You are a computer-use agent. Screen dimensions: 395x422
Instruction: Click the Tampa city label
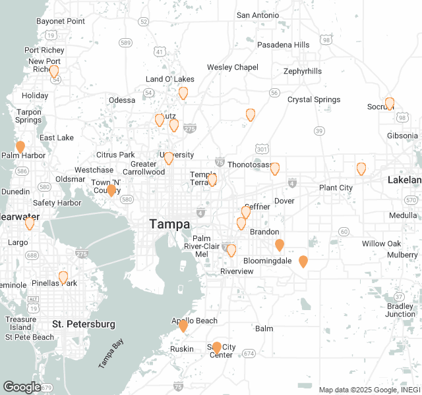coord(169,224)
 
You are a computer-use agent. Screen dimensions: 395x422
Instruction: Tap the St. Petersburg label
coord(84,324)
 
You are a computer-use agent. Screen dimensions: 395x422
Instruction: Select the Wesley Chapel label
coord(233,67)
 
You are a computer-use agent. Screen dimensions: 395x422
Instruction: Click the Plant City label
coord(336,188)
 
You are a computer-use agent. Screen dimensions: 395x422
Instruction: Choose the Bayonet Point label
coord(61,21)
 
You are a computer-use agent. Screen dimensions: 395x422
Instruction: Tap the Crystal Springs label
coord(314,99)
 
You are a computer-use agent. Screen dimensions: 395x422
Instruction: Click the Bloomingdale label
coord(267,261)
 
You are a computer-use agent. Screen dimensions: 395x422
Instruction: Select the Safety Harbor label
coord(53,203)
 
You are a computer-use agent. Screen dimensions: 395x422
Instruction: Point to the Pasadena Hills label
coord(283,45)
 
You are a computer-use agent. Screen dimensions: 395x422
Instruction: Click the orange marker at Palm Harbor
coord(20,146)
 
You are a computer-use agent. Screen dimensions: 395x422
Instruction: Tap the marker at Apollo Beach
coord(183,325)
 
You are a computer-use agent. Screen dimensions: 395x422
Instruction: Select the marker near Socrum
coord(390,103)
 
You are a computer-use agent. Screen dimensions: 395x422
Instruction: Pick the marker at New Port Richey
coord(54,70)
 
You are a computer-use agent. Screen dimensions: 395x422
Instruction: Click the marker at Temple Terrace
coord(212,178)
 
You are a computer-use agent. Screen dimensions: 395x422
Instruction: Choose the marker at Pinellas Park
coord(63,277)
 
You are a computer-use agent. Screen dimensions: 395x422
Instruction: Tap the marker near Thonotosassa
coord(275,168)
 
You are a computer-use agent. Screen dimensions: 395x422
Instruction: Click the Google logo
coord(22,387)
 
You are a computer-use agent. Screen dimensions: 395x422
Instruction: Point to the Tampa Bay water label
coord(110,355)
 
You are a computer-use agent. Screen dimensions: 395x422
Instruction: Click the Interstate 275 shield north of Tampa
coord(190,128)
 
